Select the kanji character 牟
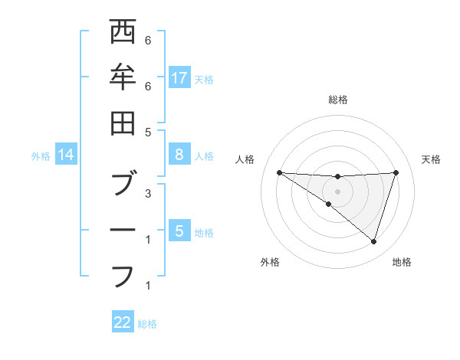click(123, 77)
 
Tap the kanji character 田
click(123, 123)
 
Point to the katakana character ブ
click(123, 184)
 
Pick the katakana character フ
click(123, 275)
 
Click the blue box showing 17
click(179, 77)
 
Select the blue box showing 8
click(179, 155)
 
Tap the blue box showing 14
click(67, 155)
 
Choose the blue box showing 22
click(123, 322)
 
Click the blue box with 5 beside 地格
click(179, 231)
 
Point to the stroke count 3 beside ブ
click(147, 193)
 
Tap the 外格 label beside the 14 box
click(41, 156)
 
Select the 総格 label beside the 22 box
click(147, 324)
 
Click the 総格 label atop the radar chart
click(338, 100)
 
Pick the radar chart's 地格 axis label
click(402, 262)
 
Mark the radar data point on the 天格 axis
click(396, 172)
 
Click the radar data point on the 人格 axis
click(279, 172)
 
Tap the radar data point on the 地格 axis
click(373, 242)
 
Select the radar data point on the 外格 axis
click(328, 205)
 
